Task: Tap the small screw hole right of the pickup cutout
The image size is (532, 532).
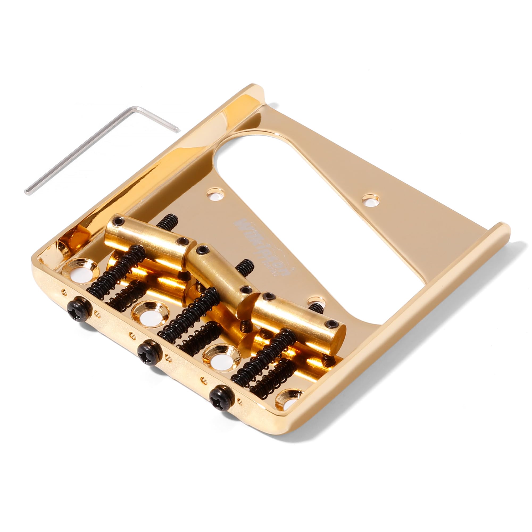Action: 371,200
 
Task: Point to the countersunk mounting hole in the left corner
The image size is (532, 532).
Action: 80,271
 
